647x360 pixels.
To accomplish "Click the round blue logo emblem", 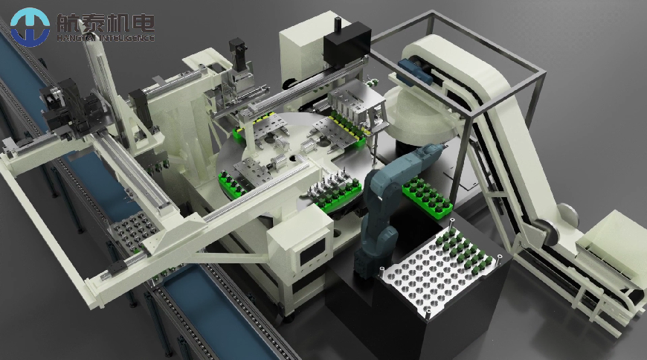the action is click(x=30, y=27).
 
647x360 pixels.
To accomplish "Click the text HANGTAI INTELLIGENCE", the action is click(x=106, y=38).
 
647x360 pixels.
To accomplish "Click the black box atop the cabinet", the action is click(x=347, y=42).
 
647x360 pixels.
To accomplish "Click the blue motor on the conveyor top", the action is click(x=414, y=70).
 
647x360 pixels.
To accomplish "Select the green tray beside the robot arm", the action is click(x=427, y=197).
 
